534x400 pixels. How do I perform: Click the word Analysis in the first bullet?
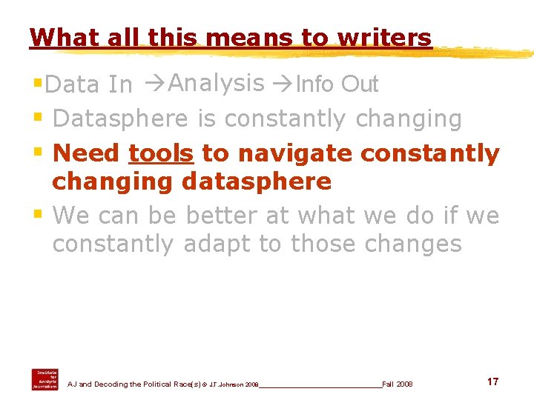(x=217, y=84)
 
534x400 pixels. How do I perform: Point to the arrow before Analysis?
(x=156, y=84)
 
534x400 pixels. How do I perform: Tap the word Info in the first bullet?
(x=314, y=85)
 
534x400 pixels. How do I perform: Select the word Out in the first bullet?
(x=360, y=85)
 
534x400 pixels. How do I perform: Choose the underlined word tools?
(x=161, y=153)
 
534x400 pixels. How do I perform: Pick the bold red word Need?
(x=87, y=153)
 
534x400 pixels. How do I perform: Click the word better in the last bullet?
(x=220, y=216)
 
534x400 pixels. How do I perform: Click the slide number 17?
(x=492, y=381)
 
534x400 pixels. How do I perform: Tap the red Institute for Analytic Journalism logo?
(x=44, y=379)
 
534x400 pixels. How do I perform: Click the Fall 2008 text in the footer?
(x=398, y=384)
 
